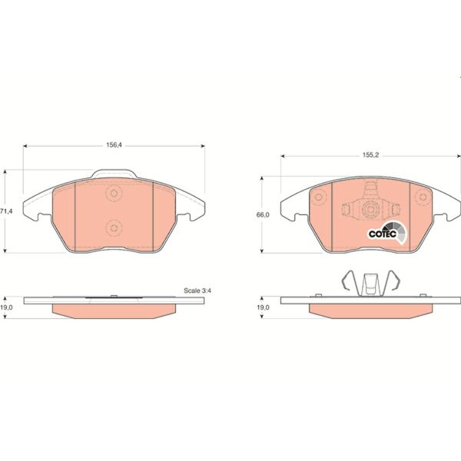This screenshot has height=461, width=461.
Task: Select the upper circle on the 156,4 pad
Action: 114,194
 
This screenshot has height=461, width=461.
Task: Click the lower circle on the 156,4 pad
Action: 114,226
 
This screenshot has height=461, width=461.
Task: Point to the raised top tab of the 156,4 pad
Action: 114,174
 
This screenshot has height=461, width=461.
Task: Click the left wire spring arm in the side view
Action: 349,284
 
